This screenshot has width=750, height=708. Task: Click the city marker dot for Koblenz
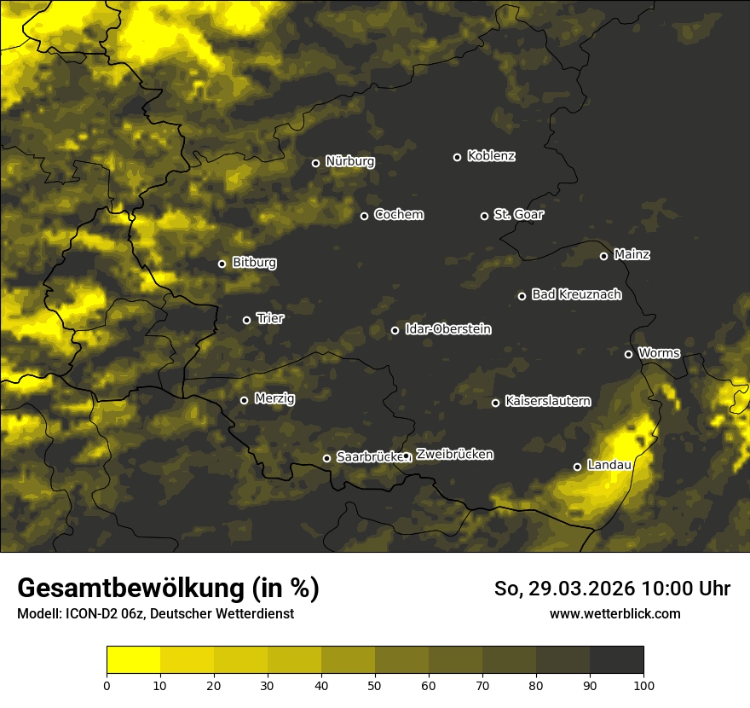pos(457,157)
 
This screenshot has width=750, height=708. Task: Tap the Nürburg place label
pos(349,161)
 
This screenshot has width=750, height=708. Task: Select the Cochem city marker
pos(364,216)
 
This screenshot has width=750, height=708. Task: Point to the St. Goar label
pos(518,214)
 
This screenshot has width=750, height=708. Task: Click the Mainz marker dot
pos(603,256)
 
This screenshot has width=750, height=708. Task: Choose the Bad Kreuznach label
pos(576,294)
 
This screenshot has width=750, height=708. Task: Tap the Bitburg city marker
pos(222,264)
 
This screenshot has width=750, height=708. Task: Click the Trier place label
pos(270,318)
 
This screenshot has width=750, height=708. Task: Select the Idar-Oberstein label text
pos(447,329)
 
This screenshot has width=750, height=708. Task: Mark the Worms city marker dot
pos(628,354)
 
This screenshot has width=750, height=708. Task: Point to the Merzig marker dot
pos(244,400)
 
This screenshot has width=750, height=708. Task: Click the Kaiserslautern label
pos(547,401)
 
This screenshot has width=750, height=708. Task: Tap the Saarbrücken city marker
pos(326,458)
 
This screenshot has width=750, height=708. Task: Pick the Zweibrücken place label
pos(454,455)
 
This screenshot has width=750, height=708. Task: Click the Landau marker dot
pos(577,467)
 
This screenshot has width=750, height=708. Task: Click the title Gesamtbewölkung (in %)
pos(168,589)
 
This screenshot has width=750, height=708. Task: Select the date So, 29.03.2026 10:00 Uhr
pos(612,589)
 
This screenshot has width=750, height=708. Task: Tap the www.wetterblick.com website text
pos(614,613)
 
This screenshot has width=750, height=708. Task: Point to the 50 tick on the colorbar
pos(375,684)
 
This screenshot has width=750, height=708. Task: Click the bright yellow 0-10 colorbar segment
pos(133,659)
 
